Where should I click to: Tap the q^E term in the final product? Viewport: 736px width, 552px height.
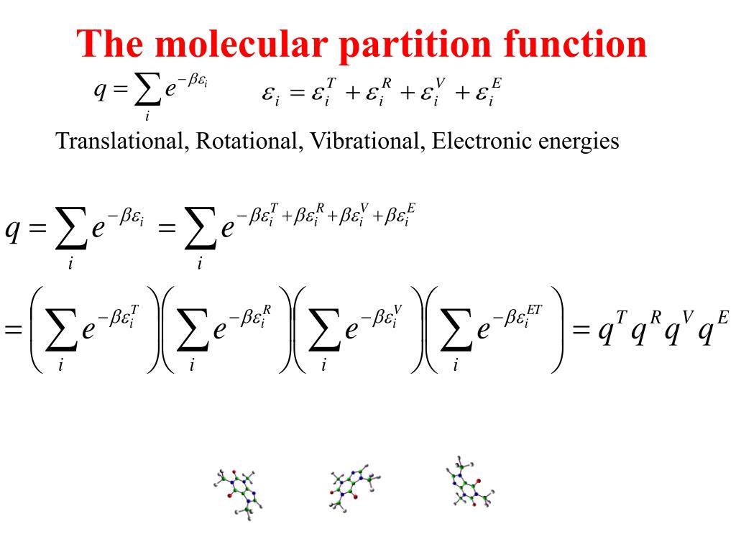[x=714, y=332]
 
